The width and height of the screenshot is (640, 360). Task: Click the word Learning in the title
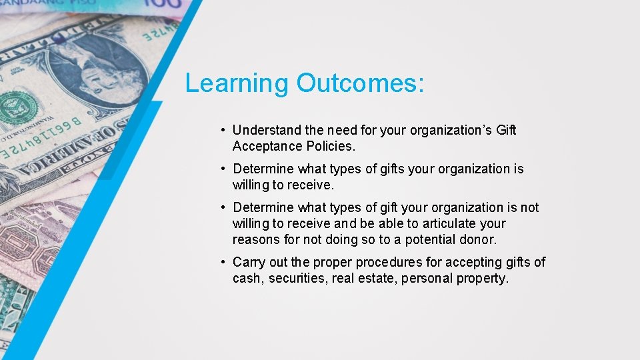(x=237, y=83)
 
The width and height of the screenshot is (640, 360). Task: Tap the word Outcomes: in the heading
(x=360, y=83)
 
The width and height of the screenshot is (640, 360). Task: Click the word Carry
(x=249, y=262)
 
